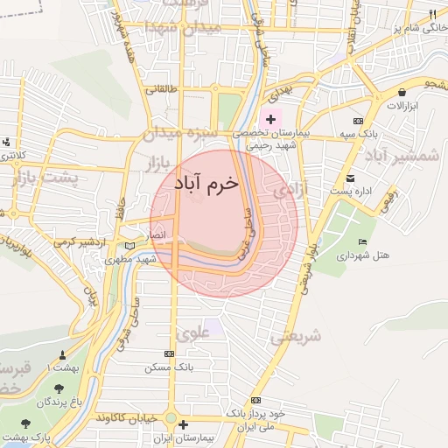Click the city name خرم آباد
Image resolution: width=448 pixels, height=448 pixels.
(205, 184)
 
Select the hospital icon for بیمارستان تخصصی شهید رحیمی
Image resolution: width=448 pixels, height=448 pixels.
(270, 119)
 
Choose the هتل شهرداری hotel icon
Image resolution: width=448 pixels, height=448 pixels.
(362, 241)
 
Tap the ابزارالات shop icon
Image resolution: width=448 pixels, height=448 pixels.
(401, 92)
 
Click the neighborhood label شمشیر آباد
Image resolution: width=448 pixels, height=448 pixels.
(403, 156)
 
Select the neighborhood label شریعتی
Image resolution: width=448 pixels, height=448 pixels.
(297, 336)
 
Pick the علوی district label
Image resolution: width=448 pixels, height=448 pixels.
(192, 332)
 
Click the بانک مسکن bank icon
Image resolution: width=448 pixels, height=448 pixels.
(169, 354)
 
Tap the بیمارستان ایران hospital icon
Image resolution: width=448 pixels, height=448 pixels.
(182, 425)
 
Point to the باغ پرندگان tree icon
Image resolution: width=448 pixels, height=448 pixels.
(59, 388)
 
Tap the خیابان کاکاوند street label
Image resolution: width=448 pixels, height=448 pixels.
(129, 416)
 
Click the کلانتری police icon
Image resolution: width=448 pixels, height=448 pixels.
(6, 142)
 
